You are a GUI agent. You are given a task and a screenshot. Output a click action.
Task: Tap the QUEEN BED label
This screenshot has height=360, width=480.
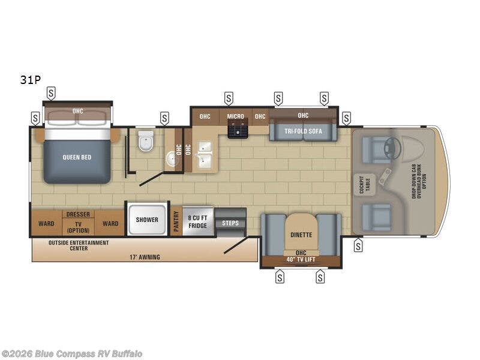point(77,157)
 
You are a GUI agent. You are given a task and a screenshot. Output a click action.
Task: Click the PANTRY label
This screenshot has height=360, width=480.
point(176,221)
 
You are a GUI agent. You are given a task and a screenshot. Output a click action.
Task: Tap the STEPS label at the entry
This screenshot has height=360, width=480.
point(230,223)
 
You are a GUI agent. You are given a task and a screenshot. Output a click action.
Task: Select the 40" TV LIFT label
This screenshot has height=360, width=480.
point(301,259)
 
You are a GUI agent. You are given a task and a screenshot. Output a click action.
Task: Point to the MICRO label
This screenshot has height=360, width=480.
point(236,116)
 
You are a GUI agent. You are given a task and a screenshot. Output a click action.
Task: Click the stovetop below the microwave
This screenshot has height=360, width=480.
point(238,129)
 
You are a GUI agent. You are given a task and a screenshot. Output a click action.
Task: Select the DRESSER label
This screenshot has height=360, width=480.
point(78,214)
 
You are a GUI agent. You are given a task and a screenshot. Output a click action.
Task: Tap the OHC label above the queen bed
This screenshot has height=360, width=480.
point(78,111)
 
